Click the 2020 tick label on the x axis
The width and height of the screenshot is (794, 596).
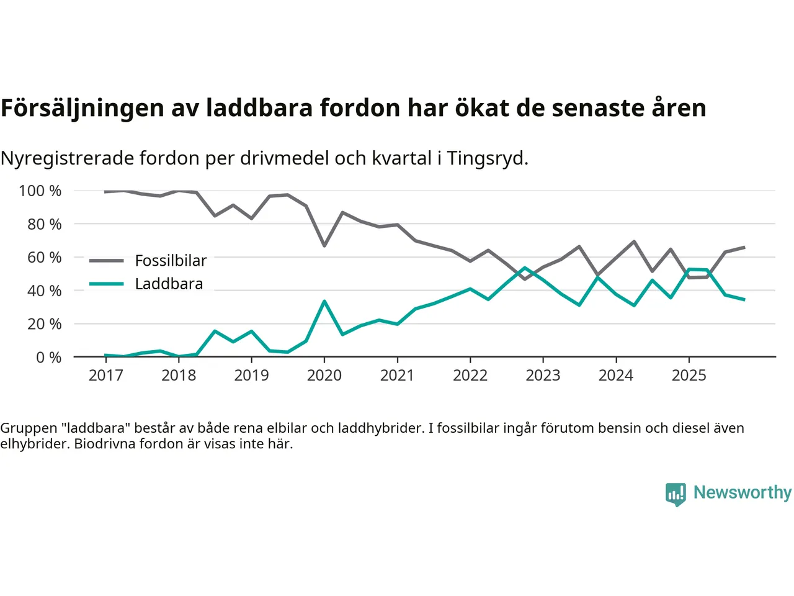point(324,375)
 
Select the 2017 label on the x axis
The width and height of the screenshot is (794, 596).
point(105,375)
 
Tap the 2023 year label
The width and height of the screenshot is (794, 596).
point(543,375)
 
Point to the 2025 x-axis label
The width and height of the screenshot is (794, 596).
point(689,375)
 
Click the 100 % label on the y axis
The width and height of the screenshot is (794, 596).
point(40,191)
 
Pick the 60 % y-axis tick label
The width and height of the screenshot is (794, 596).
point(44,257)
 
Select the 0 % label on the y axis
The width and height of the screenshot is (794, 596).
point(48,357)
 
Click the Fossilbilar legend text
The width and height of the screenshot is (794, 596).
point(171,261)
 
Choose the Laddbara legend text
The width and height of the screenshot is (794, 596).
point(169,284)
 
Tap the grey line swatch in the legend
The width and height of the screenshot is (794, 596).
point(106,261)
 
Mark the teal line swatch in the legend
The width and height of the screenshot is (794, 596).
point(106,284)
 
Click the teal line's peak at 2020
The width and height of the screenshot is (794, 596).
point(324,301)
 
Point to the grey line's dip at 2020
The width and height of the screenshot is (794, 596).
point(324,246)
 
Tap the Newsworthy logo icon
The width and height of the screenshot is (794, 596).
point(676,494)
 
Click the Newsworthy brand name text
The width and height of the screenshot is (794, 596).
point(742,492)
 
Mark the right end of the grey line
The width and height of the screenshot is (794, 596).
point(744,247)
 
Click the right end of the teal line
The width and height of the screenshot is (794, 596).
point(744,299)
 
